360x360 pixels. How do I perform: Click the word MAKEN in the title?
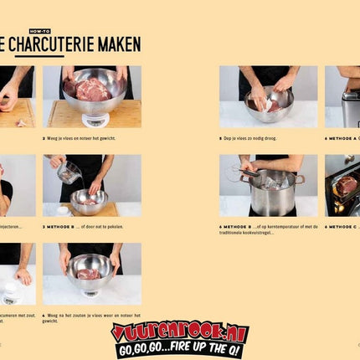click(x=115, y=45)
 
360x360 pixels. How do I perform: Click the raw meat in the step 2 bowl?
click(x=92, y=90)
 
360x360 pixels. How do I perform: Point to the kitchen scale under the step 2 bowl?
click(x=94, y=119)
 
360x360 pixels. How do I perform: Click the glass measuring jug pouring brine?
click(x=69, y=173)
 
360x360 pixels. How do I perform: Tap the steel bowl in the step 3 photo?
click(x=88, y=200)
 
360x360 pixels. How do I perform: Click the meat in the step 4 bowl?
click(x=89, y=274)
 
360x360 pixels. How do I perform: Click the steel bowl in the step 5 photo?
click(x=269, y=103)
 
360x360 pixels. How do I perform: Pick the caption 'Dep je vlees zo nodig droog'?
click(x=259, y=137)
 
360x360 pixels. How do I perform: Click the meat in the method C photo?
click(x=347, y=184)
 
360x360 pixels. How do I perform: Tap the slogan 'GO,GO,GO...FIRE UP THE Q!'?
click(x=179, y=351)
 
